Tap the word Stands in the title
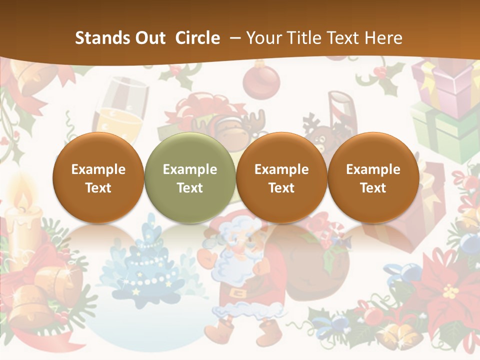click(x=100, y=38)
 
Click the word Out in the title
click(x=150, y=38)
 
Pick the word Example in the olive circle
click(x=189, y=169)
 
